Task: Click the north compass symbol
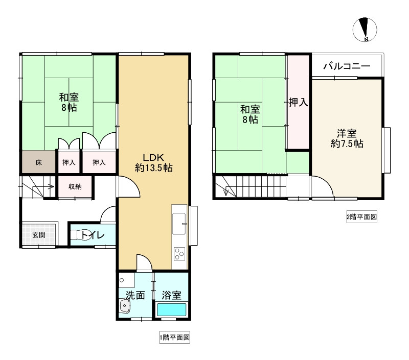tap(365, 30)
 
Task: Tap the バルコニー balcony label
tap(347, 66)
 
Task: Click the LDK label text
tap(153, 157)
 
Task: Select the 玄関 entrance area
tap(39, 234)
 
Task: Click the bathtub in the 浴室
tap(171, 309)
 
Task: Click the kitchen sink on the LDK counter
tap(179, 224)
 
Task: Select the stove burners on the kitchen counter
tap(179, 254)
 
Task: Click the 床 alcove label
tap(39, 162)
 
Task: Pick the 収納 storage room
tap(75, 187)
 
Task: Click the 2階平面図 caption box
tap(361, 217)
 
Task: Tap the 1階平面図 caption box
tap(174, 338)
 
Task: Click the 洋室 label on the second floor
tap(347, 134)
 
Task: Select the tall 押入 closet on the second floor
tap(298, 102)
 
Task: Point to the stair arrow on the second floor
tap(226, 191)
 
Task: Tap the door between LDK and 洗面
tap(144, 262)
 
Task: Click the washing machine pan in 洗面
tap(126, 280)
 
